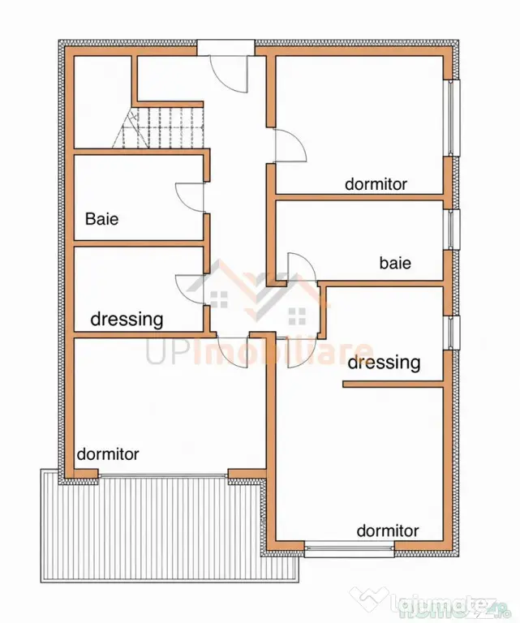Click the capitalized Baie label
pos(101,219)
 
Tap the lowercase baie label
pos(395,263)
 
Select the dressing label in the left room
pos(127,320)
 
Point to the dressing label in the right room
pos(384,363)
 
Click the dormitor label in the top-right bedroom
pos(376,184)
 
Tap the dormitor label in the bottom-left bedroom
pos(108,454)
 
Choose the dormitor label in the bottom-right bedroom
pos(388,531)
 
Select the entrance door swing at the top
pos(230,74)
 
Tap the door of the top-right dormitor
pos(290,145)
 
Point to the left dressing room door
pos(190,290)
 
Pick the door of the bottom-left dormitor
pos(233,349)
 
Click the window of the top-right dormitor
pos(453,118)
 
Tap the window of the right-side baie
pos(453,230)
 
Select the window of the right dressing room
pos(453,333)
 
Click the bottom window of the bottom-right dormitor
pos(350,549)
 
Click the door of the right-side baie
pos(301,269)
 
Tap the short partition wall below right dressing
pos(393,384)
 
